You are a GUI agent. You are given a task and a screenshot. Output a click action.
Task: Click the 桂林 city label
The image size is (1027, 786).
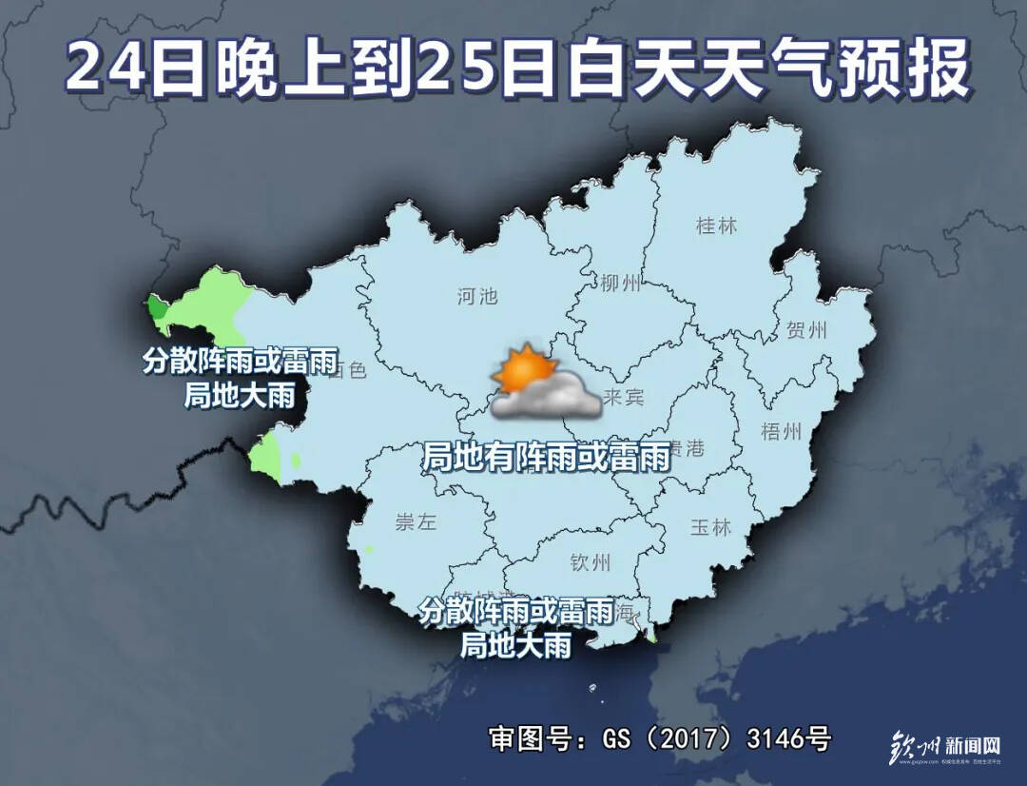716,226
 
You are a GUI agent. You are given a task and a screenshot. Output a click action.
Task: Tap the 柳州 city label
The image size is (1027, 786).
621,283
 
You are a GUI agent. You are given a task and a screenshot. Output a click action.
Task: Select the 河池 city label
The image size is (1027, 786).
476,296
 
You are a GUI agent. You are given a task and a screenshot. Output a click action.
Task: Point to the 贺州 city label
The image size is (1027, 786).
807,331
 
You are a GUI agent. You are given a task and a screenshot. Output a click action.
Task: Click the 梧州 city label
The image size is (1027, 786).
783,431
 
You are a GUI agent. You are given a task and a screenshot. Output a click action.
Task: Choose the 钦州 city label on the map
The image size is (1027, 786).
590,561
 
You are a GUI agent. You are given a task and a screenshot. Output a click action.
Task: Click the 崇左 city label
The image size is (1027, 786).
415,522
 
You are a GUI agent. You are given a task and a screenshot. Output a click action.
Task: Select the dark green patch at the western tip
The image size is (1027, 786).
155,307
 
